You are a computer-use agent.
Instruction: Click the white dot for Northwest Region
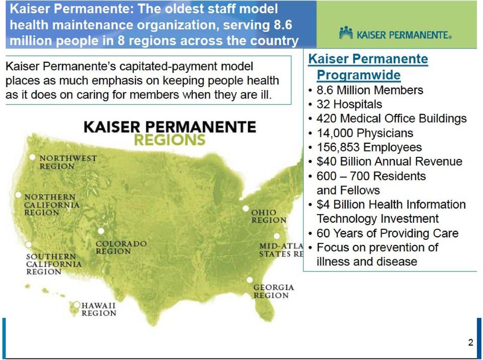pyautogui.click(x=32, y=157)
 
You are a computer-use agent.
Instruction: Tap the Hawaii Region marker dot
pyautogui.click(x=76, y=305)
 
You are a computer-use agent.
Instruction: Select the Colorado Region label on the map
pyautogui.click(x=121, y=247)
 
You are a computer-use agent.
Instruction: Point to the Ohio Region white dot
pyautogui.click(x=246, y=209)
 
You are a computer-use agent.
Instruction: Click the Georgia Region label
pyautogui.click(x=274, y=291)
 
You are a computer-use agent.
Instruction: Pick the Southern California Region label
pyautogui.click(x=54, y=264)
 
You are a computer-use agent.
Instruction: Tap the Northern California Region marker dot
pyautogui.click(x=18, y=195)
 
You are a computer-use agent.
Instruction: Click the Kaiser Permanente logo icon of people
pyautogui.click(x=346, y=33)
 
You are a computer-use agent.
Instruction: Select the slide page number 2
pyautogui.click(x=470, y=342)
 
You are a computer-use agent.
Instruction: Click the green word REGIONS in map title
pyautogui.click(x=170, y=140)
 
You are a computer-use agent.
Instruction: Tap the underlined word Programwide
pyautogui.click(x=359, y=75)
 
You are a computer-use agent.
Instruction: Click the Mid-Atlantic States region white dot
pyautogui.click(x=277, y=236)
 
